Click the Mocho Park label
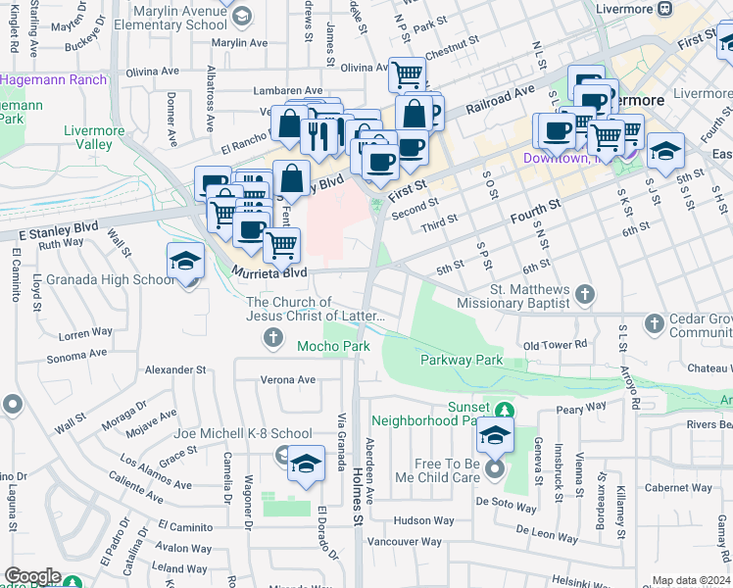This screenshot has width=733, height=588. pos(333,346)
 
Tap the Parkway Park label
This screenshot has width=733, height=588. pos(461,360)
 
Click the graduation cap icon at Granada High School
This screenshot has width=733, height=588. pos(185,262)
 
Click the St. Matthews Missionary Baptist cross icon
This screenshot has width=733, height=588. pos(584,292)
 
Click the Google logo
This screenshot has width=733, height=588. pos(32,576)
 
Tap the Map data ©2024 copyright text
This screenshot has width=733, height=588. pos(691,580)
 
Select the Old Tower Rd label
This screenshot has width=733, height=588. pos(555,345)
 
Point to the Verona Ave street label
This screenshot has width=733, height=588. pos(287,379)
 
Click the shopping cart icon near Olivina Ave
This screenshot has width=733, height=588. pos(406,74)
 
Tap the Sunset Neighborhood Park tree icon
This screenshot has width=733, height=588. pos(504,409)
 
